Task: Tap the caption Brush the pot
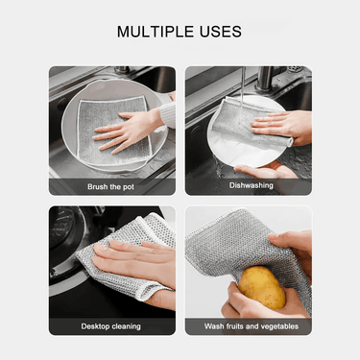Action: (x=110, y=187)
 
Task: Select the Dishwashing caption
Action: (x=252, y=185)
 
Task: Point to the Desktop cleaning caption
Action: (x=110, y=326)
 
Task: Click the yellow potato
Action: (x=262, y=287)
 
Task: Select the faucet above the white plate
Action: (x=265, y=78)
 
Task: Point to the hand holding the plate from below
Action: (x=266, y=170)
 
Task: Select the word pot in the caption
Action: (x=128, y=187)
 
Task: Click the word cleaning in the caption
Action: (x=126, y=326)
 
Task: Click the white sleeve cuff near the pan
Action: (x=168, y=114)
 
